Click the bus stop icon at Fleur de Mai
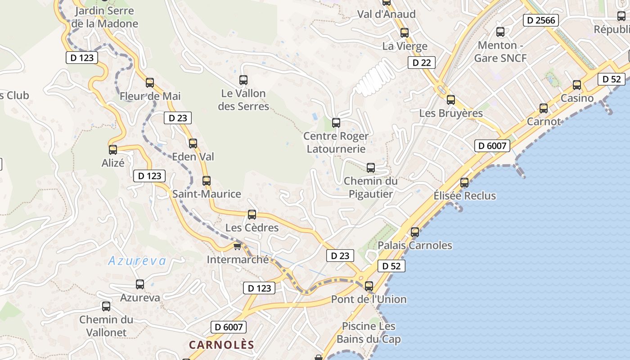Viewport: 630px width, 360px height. (150, 83)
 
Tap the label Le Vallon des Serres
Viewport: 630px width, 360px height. (243, 100)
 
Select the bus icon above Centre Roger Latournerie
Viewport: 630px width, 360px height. (336, 122)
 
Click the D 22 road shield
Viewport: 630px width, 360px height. (422, 63)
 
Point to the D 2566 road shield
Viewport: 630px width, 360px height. (541, 20)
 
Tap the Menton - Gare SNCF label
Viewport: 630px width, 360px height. (500, 52)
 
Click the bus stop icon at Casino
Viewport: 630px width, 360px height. (577, 85)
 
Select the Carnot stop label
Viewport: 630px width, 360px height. (544, 121)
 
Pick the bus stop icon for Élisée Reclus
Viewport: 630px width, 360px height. (464, 183)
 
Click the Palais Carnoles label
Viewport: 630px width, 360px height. (415, 245)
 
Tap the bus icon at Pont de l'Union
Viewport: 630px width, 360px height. (369, 286)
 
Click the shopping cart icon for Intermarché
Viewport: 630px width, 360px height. (238, 246)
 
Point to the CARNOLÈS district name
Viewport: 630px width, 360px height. (221, 345)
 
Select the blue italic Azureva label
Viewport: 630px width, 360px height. (137, 261)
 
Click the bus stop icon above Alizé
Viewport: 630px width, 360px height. (113, 149)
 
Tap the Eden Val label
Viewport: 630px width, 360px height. (193, 157)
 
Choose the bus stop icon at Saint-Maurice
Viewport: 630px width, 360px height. (207, 181)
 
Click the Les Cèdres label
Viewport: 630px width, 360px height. (252, 228)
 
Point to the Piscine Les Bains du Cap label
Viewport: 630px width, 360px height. (369, 333)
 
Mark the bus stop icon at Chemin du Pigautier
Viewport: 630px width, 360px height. (371, 168)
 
